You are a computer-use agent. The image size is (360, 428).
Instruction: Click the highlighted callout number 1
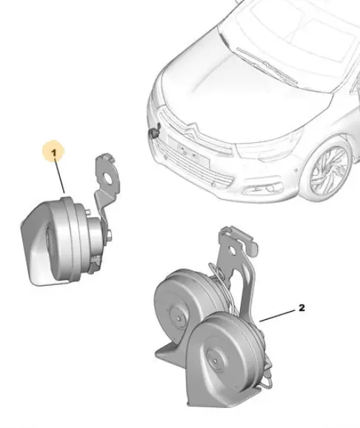click(x=54, y=153)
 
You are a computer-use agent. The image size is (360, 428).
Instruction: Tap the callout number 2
click(x=301, y=308)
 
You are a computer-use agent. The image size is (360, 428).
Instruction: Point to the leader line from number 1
click(x=59, y=175)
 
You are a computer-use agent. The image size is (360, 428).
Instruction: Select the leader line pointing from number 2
click(x=277, y=315)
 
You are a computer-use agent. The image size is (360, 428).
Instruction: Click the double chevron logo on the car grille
click(x=191, y=130)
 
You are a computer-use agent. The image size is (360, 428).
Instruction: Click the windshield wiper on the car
click(x=267, y=65)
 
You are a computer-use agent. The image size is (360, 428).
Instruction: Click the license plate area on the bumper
click(x=188, y=151)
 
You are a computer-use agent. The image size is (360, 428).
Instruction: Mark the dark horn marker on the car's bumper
click(x=154, y=131)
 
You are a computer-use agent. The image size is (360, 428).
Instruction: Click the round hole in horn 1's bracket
click(x=108, y=178)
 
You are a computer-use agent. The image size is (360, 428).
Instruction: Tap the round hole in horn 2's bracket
click(x=232, y=250)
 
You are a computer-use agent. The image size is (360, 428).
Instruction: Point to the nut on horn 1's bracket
click(x=109, y=235)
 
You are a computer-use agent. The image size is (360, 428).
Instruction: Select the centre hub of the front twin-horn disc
click(x=216, y=361)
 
